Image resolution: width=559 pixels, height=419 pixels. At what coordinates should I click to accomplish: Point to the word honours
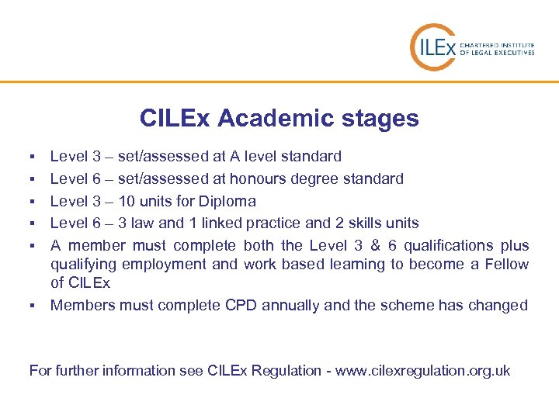click(259, 178)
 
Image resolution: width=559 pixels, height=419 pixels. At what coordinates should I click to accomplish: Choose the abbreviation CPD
click(241, 305)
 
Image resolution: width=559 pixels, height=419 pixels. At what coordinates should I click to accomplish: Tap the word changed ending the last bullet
click(497, 305)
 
